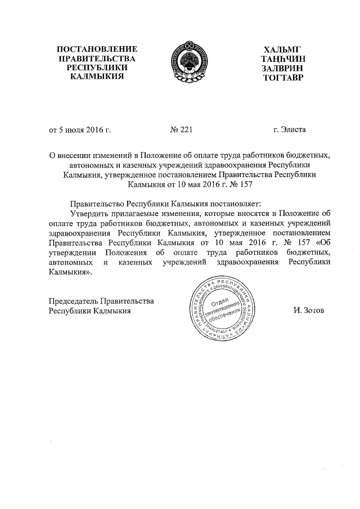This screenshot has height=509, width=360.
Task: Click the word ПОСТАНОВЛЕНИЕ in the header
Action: (93, 49)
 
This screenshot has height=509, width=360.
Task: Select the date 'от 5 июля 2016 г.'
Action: (79, 130)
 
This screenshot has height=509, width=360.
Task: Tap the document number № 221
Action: (181, 130)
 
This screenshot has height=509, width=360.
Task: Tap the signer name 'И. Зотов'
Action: (308, 310)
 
